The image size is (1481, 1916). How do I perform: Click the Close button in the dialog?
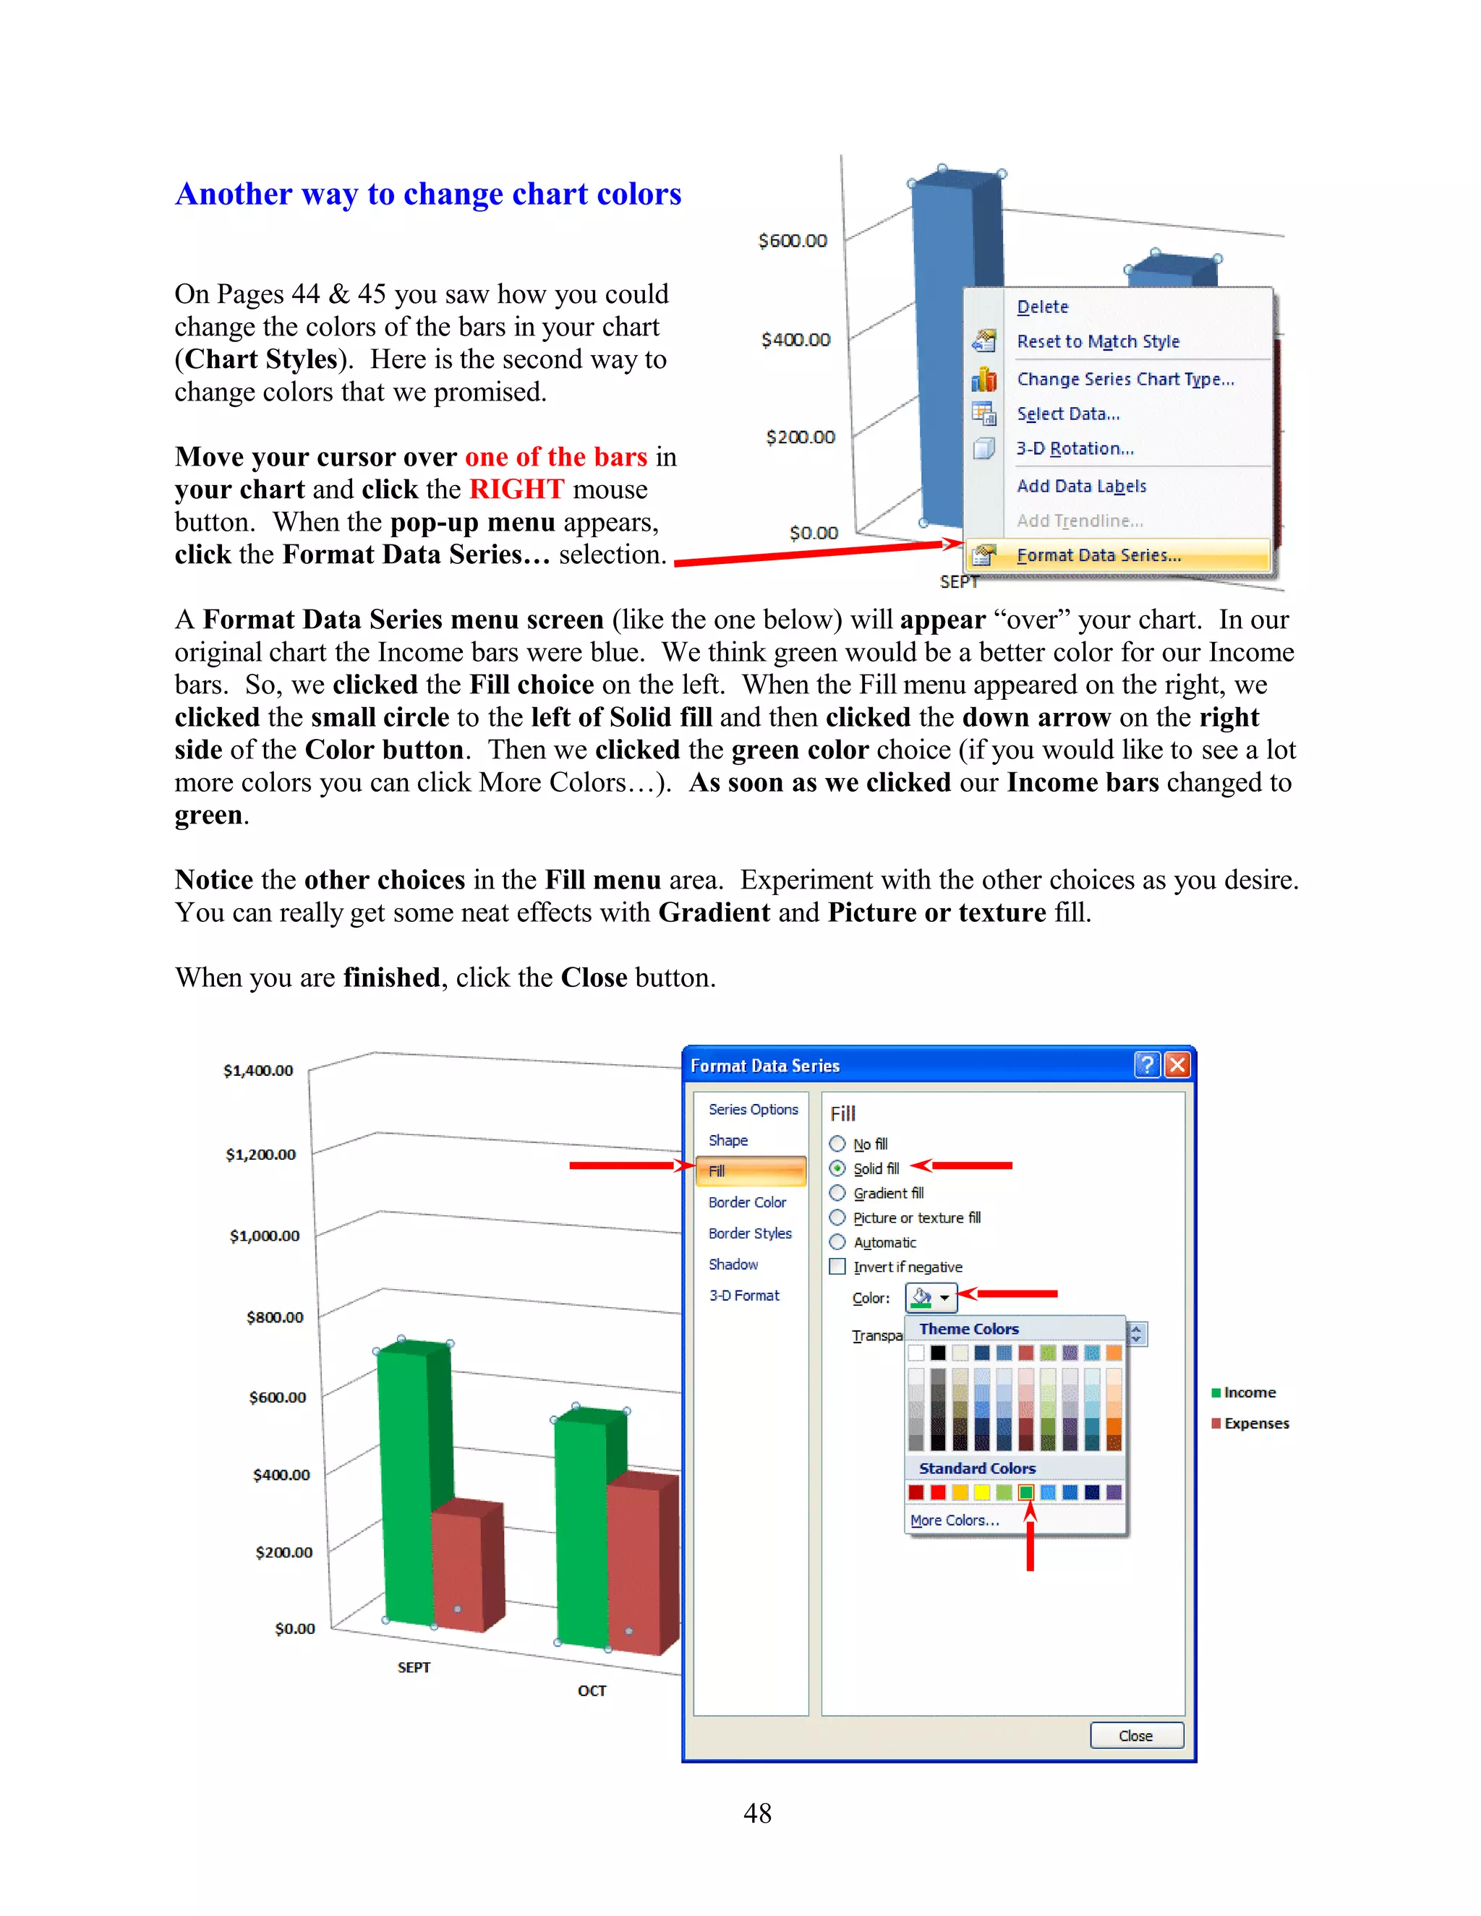[1135, 1735]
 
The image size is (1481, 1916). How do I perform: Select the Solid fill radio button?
[837, 1168]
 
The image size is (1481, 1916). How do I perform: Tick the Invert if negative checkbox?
[837, 1267]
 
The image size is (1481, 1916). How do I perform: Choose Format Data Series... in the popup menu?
[1098, 555]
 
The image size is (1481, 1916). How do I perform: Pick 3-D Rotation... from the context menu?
[1075, 448]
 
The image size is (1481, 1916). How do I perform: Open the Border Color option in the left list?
[746, 1202]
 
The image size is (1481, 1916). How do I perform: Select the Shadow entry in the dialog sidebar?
[733, 1264]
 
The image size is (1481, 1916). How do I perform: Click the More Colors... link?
[954, 1521]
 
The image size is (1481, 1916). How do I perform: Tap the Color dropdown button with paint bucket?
[931, 1296]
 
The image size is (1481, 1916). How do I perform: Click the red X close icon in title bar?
[1177, 1065]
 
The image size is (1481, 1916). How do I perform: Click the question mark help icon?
[1147, 1065]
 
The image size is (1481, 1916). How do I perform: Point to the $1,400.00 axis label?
[258, 1070]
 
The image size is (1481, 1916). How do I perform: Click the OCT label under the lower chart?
[592, 1690]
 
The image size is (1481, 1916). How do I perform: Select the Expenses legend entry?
[1255, 1423]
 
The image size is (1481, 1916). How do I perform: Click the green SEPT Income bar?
[406, 1483]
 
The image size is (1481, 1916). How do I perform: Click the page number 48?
[757, 1813]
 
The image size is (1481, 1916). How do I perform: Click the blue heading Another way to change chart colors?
[428, 194]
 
